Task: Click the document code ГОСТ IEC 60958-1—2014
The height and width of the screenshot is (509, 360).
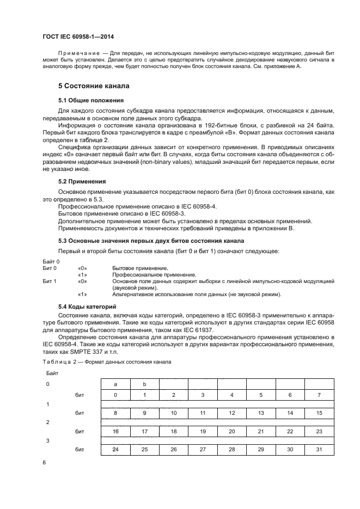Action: (x=78, y=37)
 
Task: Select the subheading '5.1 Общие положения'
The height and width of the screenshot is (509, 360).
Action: (x=90, y=100)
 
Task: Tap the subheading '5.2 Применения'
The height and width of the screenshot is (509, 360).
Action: (x=82, y=181)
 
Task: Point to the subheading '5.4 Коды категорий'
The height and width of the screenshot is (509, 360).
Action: (x=87, y=307)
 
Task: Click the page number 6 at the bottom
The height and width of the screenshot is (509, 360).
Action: (x=45, y=462)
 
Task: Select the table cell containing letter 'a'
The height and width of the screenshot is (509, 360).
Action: (x=115, y=384)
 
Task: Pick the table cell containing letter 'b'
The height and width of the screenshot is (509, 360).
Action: (x=144, y=384)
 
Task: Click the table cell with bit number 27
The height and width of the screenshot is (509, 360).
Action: (x=203, y=449)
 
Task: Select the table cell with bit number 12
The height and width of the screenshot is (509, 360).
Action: (x=232, y=413)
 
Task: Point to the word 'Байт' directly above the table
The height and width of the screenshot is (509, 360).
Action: (x=52, y=374)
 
